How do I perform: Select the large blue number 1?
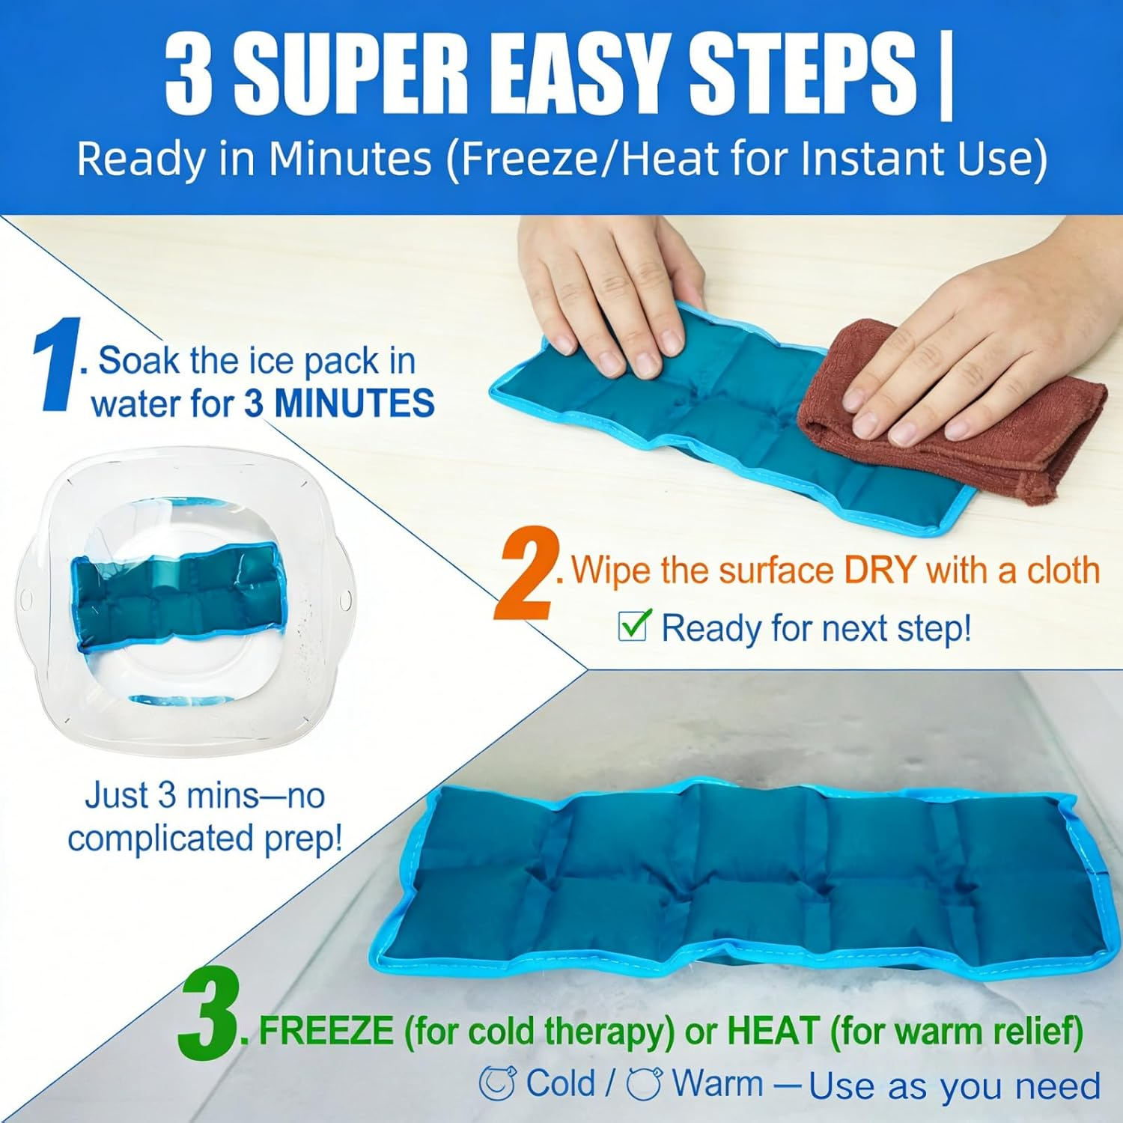coord(56,365)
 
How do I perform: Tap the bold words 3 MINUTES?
coord(339,404)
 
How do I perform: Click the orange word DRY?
coord(880,570)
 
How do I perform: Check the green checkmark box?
coord(633,626)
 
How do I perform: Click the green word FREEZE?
coord(326,1032)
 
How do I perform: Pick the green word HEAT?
coord(772,1032)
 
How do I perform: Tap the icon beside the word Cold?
coord(497,1083)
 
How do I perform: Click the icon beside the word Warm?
coord(644,1083)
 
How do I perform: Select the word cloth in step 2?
coord(1063,570)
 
